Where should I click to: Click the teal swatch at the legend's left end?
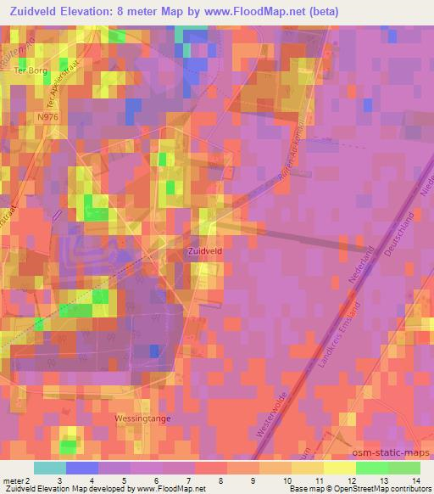pyautogui.click(x=50, y=468)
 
